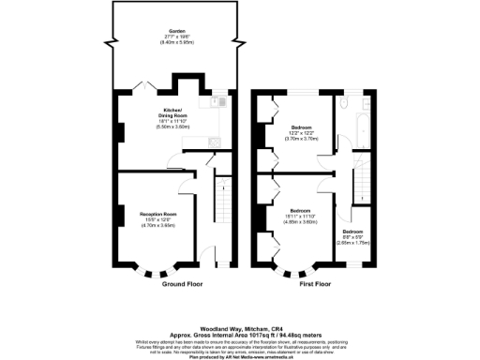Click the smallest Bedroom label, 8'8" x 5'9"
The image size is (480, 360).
(x=352, y=231)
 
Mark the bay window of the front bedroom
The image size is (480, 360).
(x=298, y=273)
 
